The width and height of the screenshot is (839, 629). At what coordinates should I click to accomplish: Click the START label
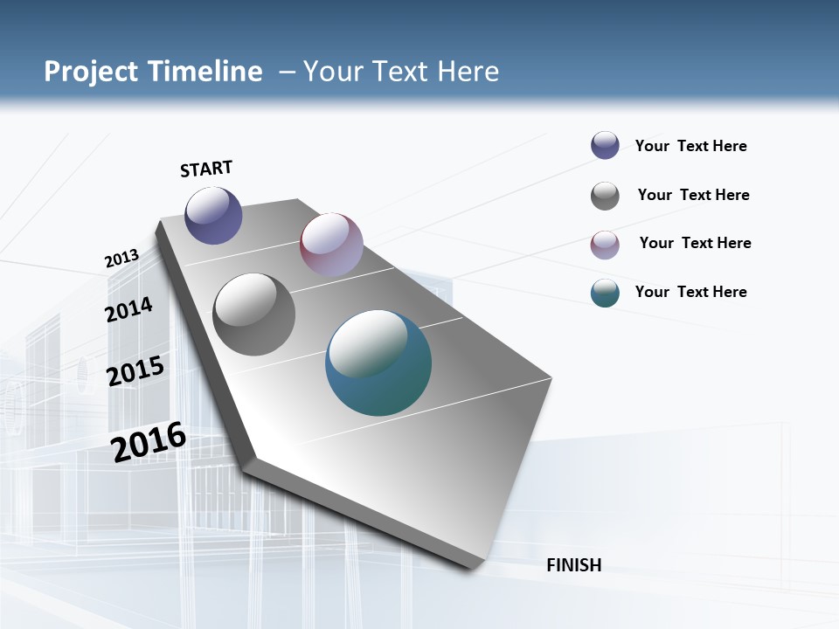tap(206, 169)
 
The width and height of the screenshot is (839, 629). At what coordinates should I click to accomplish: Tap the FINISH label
tap(574, 565)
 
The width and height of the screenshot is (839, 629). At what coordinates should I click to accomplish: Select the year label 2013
tap(122, 259)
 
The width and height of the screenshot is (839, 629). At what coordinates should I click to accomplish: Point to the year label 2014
tap(129, 309)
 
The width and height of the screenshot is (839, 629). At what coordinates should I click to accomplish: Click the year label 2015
tap(135, 371)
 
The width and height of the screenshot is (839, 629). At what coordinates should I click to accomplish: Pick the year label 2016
tap(149, 442)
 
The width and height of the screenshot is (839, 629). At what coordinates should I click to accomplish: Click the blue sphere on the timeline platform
tap(214, 215)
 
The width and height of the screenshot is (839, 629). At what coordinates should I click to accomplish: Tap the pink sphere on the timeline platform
tap(331, 245)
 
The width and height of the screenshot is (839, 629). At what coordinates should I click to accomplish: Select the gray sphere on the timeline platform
tap(254, 314)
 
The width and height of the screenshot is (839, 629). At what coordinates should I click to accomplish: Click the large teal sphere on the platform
tap(378, 363)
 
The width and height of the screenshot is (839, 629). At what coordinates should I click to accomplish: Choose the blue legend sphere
tap(605, 145)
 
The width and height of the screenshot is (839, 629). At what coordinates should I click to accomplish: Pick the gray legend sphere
tap(605, 196)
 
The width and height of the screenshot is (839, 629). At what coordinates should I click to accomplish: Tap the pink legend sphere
tap(605, 245)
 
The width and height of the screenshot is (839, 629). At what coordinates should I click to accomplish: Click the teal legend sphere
tap(605, 293)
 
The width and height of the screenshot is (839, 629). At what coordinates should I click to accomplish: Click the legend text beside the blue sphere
tap(690, 146)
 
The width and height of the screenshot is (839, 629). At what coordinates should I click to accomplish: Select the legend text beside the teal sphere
tap(690, 292)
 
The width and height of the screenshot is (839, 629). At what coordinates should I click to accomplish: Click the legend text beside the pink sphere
tap(695, 243)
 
